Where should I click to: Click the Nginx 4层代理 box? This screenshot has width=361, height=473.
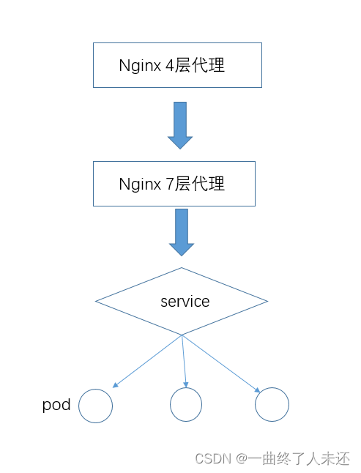click(x=176, y=65)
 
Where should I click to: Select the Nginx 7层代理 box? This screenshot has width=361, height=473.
click(x=174, y=184)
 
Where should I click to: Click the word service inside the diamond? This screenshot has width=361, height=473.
click(x=185, y=301)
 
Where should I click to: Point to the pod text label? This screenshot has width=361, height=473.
click(x=56, y=404)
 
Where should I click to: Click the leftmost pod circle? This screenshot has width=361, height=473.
click(x=95, y=406)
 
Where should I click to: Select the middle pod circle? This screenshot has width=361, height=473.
click(x=186, y=403)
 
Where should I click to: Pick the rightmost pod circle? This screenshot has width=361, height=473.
click(x=272, y=404)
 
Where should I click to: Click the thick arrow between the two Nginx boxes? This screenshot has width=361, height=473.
click(x=179, y=124)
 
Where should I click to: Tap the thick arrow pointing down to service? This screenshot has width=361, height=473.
click(x=181, y=231)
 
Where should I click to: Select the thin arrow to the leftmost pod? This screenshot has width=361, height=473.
click(x=147, y=361)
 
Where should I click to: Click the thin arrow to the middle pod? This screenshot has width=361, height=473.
click(x=184, y=361)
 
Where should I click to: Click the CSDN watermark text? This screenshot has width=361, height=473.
click(x=212, y=458)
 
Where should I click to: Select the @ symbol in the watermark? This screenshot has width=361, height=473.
click(x=242, y=458)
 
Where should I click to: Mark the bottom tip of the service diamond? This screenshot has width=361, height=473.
click(x=182, y=335)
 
